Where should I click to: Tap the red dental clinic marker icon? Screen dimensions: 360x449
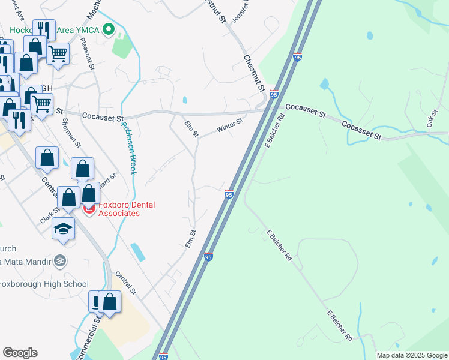(89, 209)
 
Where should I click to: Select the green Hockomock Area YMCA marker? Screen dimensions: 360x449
(109, 29)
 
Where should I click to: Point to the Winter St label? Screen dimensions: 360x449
(229, 125)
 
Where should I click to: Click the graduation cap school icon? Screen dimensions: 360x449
(63, 229)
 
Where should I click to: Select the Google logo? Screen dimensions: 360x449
(20, 353)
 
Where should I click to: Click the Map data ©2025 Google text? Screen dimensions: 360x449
(411, 355)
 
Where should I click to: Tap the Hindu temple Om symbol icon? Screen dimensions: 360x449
(59, 261)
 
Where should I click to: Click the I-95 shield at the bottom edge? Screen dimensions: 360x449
(164, 356)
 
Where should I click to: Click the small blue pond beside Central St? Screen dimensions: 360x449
(137, 252)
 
